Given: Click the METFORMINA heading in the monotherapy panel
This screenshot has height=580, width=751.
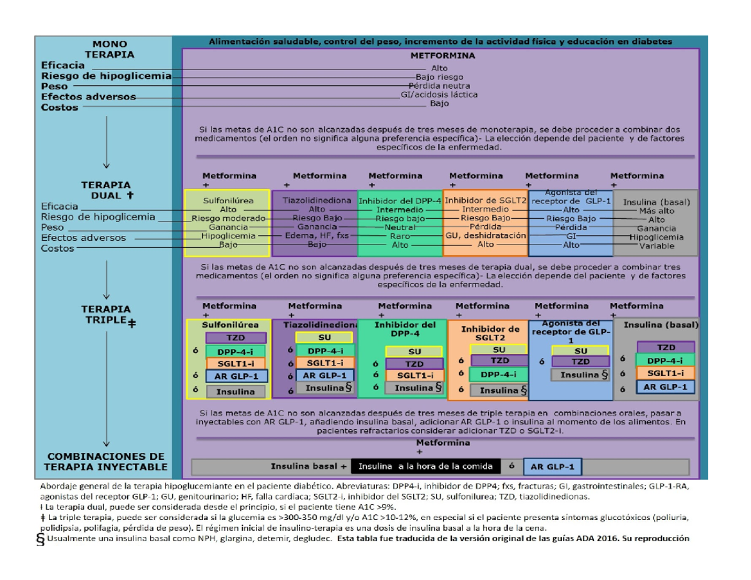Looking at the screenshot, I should pyautogui.click(x=442, y=55).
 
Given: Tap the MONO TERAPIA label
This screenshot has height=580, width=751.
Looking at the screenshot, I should pyautogui.click(x=110, y=49).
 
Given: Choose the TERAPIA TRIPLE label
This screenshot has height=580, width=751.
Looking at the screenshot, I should pyautogui.click(x=108, y=315).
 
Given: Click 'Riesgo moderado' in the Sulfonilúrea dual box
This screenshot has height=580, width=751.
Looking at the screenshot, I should pyautogui.click(x=228, y=218).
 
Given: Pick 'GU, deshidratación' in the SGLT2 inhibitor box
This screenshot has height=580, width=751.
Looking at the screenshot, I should pyautogui.click(x=485, y=236).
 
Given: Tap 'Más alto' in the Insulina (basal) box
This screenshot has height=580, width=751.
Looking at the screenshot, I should pyautogui.click(x=656, y=211).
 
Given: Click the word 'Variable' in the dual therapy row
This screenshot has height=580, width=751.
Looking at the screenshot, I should pyautogui.click(x=656, y=246).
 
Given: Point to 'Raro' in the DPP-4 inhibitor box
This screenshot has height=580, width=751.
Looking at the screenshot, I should pyautogui.click(x=400, y=237).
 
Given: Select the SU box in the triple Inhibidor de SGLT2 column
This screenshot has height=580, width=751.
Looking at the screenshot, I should pyautogui.click(x=499, y=349).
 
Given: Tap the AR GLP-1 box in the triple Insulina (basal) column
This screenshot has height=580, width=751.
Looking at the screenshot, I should pyautogui.click(x=666, y=387).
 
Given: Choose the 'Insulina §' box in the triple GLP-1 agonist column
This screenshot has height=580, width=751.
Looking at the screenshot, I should pyautogui.click(x=581, y=375).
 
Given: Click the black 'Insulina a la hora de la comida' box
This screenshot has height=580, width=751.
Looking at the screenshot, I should pyautogui.click(x=426, y=467).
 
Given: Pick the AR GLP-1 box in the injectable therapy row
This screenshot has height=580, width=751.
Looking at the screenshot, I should pyautogui.click(x=552, y=467).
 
